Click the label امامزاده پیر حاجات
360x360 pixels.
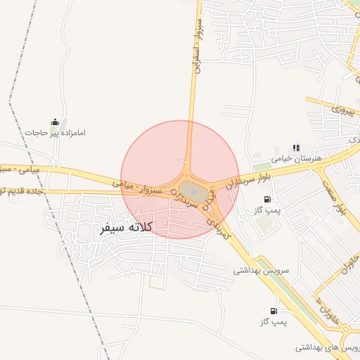coord(55,132)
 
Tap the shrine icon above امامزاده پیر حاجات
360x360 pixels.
coord(55,122)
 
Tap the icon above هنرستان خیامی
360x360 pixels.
coord(297,148)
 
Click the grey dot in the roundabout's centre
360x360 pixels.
coord(193,191)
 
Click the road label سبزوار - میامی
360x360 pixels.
coord(138,187)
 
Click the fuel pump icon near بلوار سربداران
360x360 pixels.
coord(266,199)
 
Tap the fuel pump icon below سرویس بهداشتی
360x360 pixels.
coord(272,310)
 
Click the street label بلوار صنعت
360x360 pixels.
coord(333,197)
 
